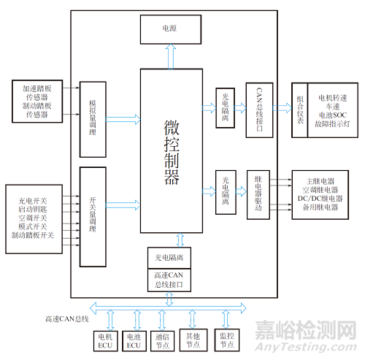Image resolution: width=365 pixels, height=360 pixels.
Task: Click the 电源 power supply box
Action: [x=171, y=29]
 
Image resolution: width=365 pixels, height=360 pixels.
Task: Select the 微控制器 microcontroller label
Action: [x=172, y=152]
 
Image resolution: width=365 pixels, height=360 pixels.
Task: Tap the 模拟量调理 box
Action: [x=93, y=120]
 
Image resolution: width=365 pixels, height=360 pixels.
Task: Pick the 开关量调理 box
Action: [x=93, y=217]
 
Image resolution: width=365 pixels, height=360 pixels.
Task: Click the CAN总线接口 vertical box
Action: [x=259, y=110]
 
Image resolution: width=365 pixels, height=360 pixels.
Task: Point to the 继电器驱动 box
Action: [x=258, y=195]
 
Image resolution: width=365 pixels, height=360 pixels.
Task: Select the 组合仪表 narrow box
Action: [x=300, y=110]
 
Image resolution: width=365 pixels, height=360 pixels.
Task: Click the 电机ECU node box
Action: [x=106, y=341]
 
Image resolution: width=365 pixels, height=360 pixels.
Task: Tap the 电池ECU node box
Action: [x=134, y=341]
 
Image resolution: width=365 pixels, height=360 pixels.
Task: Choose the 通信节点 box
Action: [x=162, y=341]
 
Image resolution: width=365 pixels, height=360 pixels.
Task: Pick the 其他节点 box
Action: [x=193, y=340]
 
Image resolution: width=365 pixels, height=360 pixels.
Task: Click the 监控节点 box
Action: [x=227, y=340]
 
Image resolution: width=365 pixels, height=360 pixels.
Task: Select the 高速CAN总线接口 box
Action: [x=169, y=280]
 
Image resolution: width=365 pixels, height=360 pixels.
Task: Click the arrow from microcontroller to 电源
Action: [x=171, y=56]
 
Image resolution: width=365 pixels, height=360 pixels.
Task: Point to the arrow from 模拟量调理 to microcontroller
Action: [x=123, y=119]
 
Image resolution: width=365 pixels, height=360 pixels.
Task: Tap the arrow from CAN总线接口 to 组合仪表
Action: [x=283, y=108]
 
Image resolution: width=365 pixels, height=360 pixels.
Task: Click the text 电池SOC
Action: [x=333, y=115]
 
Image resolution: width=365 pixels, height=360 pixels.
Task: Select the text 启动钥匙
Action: [x=33, y=210]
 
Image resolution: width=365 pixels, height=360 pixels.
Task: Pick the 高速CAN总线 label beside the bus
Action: [x=67, y=319]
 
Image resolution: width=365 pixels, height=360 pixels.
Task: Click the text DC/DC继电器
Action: [x=320, y=199]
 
